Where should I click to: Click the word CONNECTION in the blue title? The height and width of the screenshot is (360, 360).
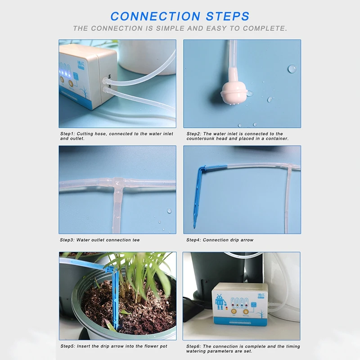tap(155, 16)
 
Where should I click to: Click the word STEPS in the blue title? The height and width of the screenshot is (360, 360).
tap(228, 16)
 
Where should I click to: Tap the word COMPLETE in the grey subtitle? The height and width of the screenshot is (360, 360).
tap(265, 28)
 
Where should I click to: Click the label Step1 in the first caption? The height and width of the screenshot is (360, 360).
tap(67, 134)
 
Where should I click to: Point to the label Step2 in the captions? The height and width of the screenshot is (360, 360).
tap(194, 134)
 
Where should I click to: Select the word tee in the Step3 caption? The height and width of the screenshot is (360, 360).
tap(136, 240)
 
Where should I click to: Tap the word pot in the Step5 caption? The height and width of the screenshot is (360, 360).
tap(163, 346)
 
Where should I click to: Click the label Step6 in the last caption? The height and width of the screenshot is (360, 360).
tap(193, 346)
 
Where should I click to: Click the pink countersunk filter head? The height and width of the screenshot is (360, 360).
tap(234, 93)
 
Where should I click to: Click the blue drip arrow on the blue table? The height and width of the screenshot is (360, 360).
tap(198, 195)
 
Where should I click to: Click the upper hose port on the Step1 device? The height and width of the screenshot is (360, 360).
tap(105, 81)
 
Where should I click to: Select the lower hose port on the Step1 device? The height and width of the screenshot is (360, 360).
tap(106, 90)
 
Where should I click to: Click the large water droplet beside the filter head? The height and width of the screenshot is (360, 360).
tap(292, 69)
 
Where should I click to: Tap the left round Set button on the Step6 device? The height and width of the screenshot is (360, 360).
tap(234, 311)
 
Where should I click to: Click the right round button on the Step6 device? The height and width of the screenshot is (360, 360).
tap(246, 312)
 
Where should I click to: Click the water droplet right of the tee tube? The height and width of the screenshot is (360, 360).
tap(169, 211)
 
